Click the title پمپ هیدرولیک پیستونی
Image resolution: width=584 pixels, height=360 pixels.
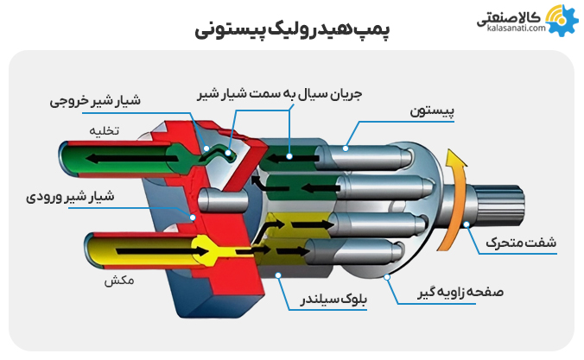tap(292, 28)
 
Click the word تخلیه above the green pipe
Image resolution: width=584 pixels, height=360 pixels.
tap(105, 130)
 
